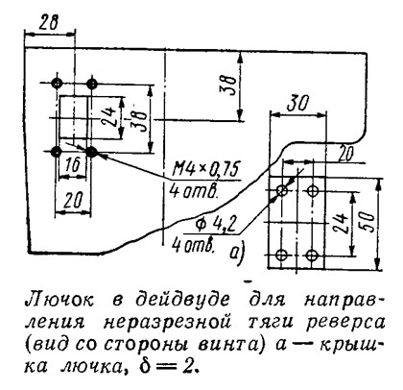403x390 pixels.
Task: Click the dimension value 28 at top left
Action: click(49, 23)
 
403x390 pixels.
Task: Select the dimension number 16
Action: click(73, 166)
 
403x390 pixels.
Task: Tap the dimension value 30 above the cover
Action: click(297, 104)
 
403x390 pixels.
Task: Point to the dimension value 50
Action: click(368, 222)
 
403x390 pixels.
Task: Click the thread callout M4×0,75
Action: click(205, 170)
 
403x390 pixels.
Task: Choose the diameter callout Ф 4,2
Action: click(212, 226)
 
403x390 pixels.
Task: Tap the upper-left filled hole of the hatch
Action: click(57, 84)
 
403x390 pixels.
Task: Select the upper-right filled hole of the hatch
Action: click(92, 85)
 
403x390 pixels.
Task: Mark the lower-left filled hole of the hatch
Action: click(57, 152)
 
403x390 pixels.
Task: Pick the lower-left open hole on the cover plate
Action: click(282, 255)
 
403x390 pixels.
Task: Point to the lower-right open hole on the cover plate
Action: click(312, 256)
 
